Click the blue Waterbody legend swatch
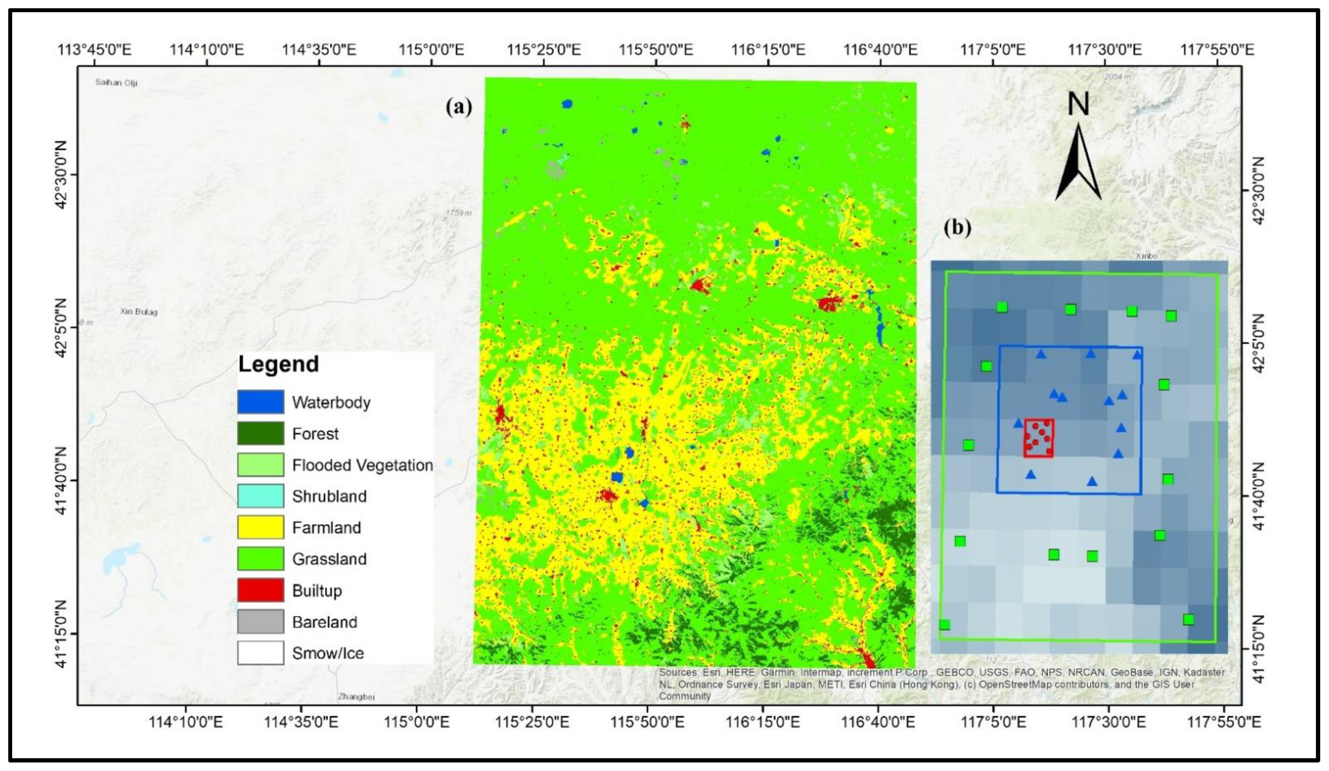[260, 402]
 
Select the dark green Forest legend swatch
[260, 433]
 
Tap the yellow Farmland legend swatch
[260, 527]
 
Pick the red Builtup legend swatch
[260, 590]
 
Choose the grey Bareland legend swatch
[260, 622]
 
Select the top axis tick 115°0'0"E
[431, 50]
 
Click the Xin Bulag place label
[139, 312]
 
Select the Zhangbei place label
[356, 697]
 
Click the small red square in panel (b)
[1038, 438]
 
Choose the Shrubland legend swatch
[260, 496]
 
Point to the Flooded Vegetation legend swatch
[260, 465]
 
